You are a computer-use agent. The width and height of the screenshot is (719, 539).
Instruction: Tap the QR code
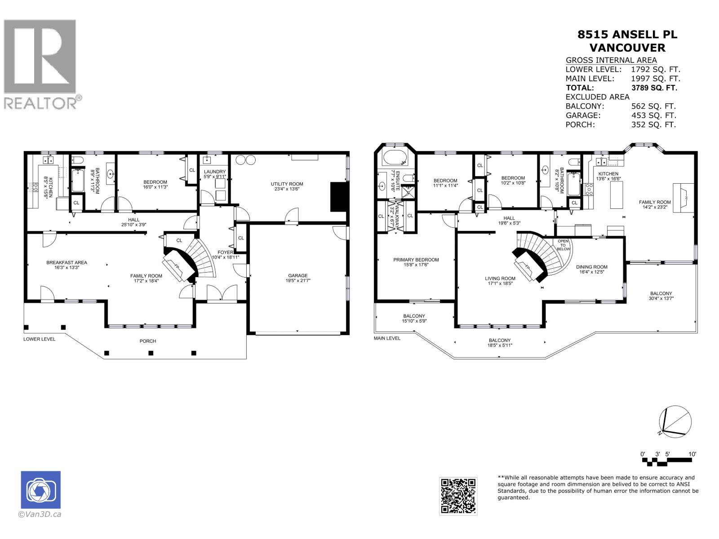(458, 496)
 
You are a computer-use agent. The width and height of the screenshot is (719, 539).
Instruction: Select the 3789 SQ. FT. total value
(654, 88)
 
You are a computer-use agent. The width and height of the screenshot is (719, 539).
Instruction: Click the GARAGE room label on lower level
(298, 276)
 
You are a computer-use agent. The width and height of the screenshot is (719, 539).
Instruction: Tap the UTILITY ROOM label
(287, 184)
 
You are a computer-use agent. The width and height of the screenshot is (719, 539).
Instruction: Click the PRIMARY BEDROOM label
(416, 260)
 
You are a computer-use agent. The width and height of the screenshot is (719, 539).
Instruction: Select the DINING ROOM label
(591, 267)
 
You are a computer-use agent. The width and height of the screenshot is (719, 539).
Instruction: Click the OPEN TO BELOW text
(563, 245)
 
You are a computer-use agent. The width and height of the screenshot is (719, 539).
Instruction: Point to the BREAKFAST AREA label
(67, 262)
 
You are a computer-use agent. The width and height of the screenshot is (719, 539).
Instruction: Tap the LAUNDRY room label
(214, 172)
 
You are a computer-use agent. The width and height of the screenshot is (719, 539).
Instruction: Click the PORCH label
(147, 341)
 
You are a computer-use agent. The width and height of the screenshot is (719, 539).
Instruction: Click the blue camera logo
(40, 490)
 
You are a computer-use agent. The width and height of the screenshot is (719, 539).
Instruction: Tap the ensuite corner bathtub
(394, 158)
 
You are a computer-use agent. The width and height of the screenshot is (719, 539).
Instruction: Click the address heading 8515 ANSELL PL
(627, 35)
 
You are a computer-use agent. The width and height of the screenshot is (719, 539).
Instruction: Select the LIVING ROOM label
(500, 278)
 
